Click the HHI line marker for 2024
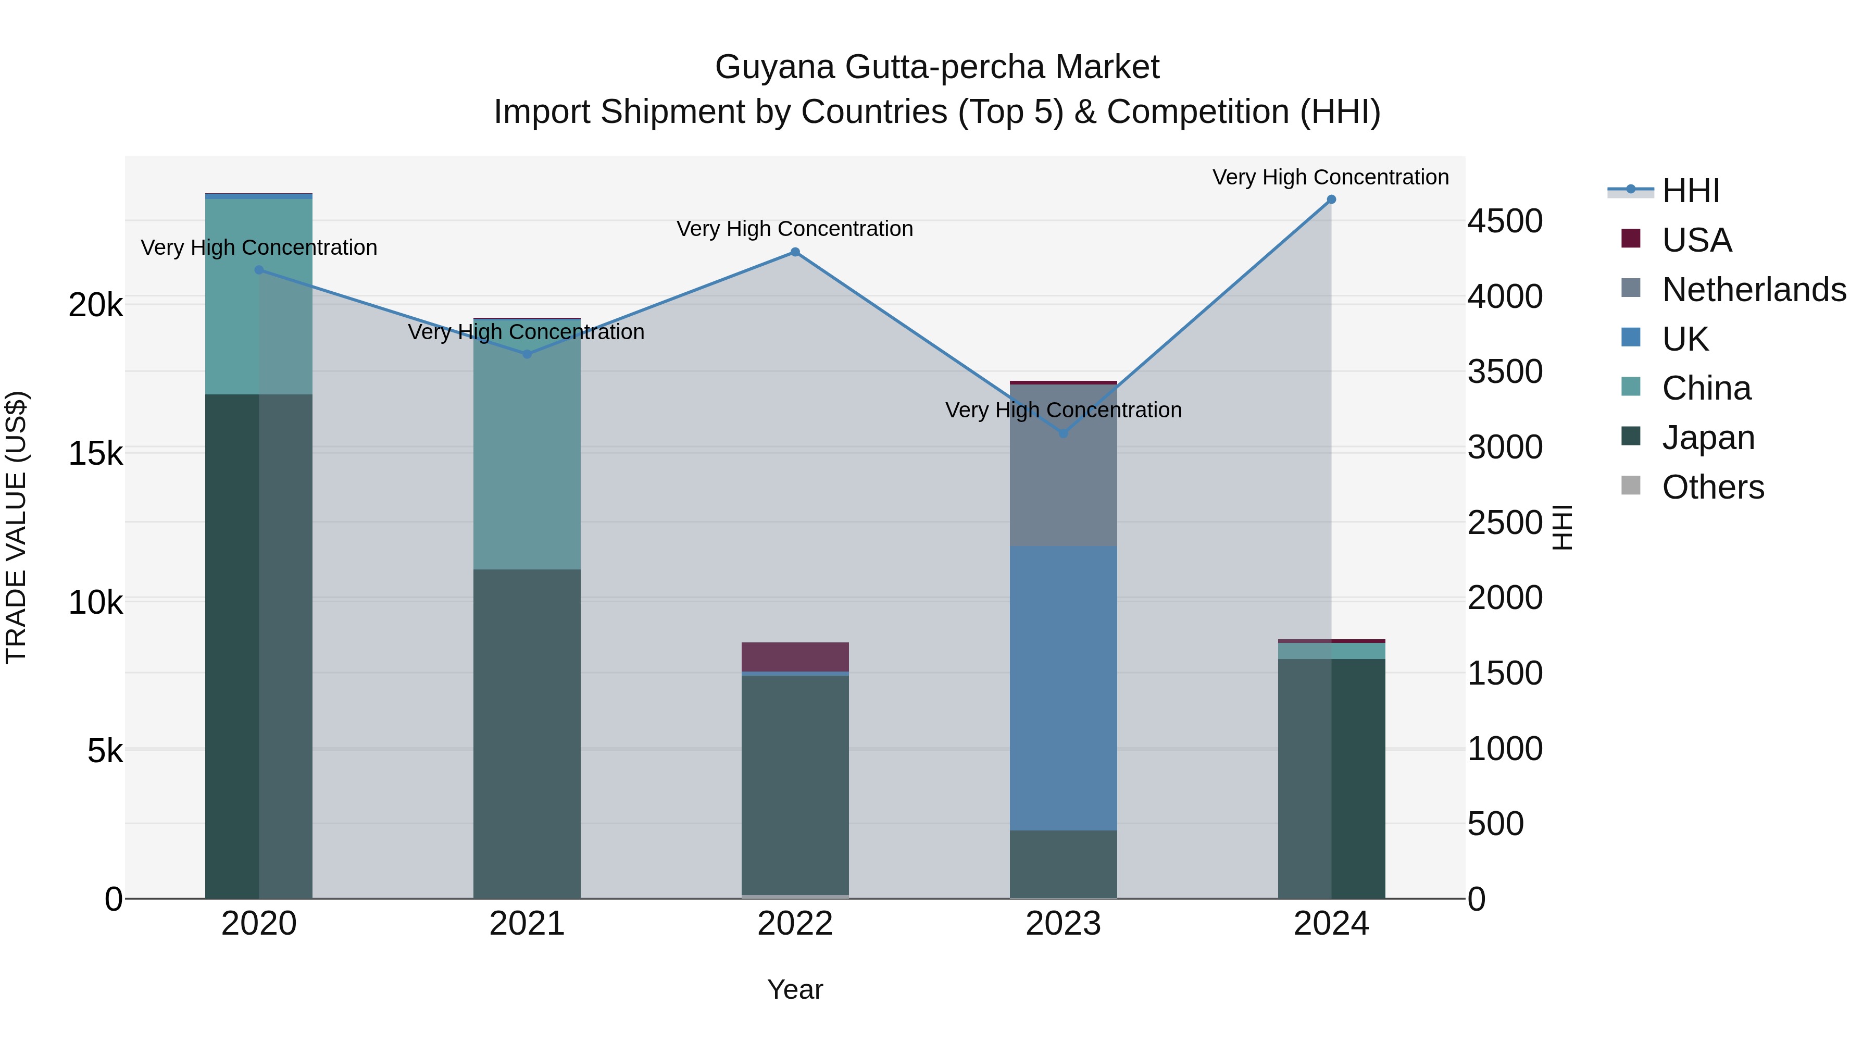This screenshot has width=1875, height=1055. pos(1331,200)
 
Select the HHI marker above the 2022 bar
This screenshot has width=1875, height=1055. pos(795,252)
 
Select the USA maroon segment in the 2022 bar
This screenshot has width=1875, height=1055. pos(795,657)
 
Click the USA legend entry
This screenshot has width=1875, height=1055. pos(1696,240)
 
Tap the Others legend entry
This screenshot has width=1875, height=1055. pos(1713,487)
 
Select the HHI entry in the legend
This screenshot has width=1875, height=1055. pos(1690,191)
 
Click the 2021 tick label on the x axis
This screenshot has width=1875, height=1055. pos(527,924)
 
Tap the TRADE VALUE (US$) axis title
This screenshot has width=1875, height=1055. pos(16,527)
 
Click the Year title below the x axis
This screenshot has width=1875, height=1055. pos(795,989)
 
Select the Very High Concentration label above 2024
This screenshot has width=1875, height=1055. pos(1331,177)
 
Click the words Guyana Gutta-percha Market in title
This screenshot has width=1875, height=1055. pos(937,67)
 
